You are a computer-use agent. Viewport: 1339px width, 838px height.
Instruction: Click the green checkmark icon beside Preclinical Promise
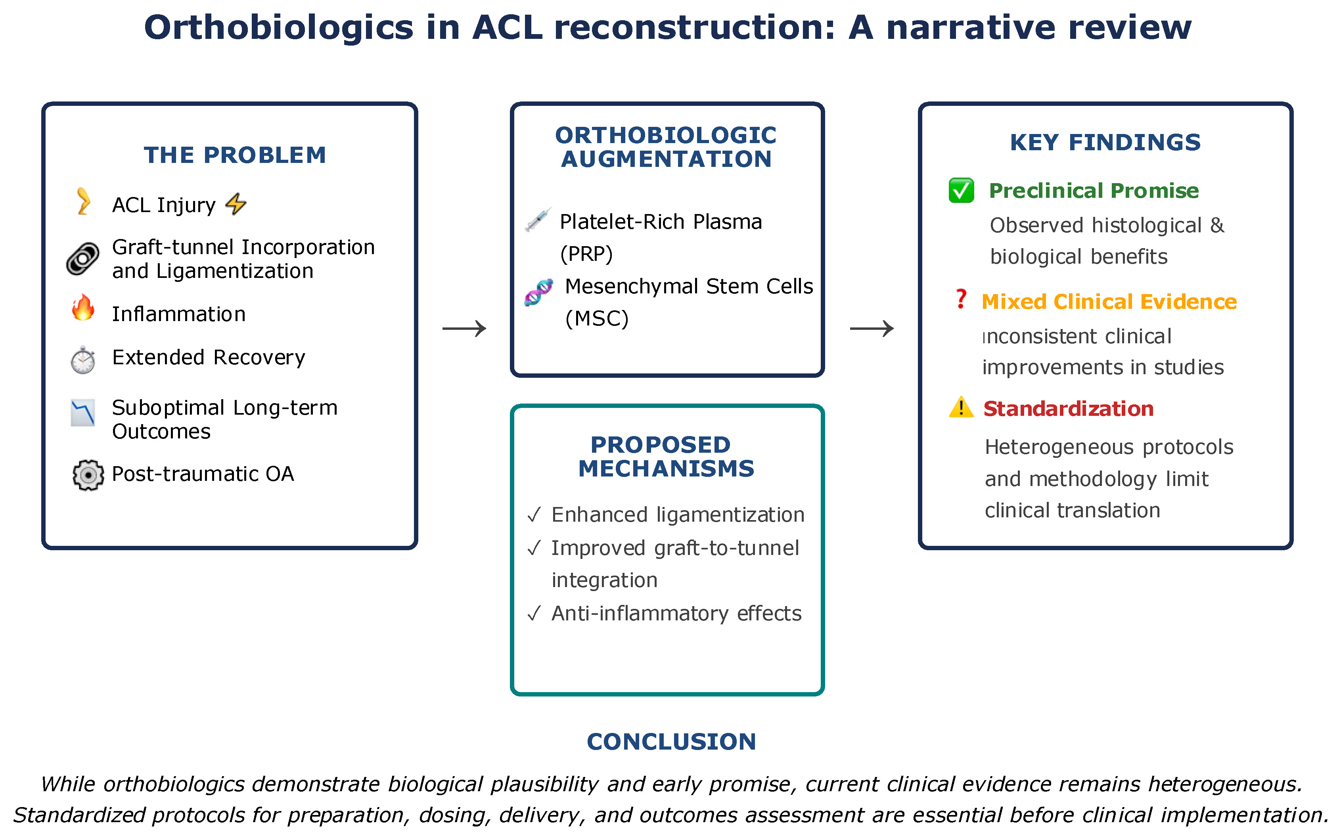coord(961,191)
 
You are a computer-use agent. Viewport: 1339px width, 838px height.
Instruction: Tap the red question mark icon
coord(961,299)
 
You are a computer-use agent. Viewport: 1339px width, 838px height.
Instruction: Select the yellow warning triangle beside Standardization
coord(961,408)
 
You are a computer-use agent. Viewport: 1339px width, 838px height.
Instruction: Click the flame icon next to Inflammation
coord(83,308)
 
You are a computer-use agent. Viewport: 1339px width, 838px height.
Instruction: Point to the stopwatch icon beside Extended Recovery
coord(83,360)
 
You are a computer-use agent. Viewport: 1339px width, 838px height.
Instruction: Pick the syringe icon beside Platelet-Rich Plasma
coord(538,220)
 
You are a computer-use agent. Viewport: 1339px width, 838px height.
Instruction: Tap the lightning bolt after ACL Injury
coord(236,204)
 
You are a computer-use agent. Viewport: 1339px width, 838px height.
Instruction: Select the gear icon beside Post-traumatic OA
coord(88,475)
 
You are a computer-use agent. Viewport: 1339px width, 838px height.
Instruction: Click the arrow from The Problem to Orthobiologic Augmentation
coord(464,329)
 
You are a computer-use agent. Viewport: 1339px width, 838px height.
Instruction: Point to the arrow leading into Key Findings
coord(872,329)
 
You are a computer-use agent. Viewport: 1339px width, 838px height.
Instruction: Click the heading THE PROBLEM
coord(235,155)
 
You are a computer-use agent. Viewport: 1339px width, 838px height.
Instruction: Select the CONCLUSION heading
coord(671,742)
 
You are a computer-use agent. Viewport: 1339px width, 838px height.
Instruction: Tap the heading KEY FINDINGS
coord(1105,142)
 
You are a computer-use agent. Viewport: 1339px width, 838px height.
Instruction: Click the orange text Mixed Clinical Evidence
coord(1109,302)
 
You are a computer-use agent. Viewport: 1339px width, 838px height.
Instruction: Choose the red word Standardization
coord(1068,408)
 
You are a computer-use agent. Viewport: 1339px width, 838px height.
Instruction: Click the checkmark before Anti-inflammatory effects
coord(534,614)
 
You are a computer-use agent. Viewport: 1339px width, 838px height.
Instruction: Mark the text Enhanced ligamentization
coord(677,515)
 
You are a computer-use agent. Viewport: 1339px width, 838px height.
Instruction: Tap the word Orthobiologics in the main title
coord(279,27)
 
